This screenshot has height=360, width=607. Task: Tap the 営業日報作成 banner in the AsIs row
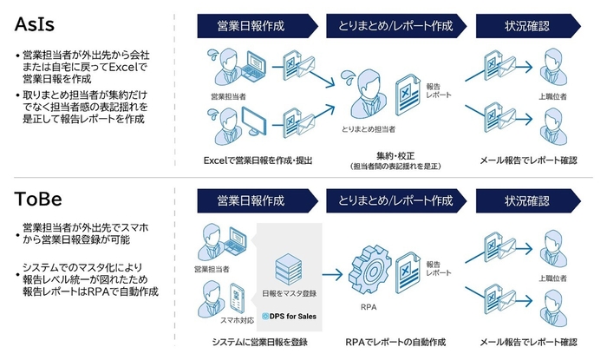coord(254,26)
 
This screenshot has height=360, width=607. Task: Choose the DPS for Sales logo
coord(289,316)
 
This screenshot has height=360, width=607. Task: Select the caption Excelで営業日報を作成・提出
coord(257,160)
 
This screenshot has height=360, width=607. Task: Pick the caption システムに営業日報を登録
coord(258,342)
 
